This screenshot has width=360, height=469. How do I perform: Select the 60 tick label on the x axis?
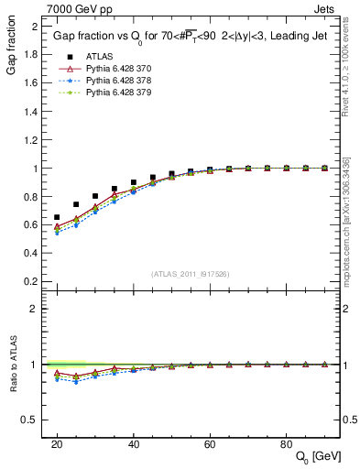[x=210, y=443]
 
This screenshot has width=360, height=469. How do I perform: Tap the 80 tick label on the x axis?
[x=286, y=443]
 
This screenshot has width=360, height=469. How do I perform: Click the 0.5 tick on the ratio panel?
[x=33, y=420]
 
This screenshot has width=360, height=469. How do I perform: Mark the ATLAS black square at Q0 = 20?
[x=57, y=217]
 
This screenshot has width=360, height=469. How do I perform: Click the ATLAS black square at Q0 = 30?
[x=95, y=196]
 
